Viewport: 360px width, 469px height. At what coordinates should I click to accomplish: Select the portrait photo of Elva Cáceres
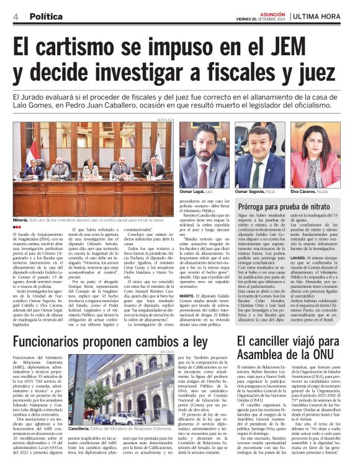tap(315, 155)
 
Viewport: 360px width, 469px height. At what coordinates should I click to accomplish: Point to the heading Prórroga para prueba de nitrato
tap(284, 205)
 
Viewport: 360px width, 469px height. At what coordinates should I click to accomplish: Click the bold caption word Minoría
tap(22, 220)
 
